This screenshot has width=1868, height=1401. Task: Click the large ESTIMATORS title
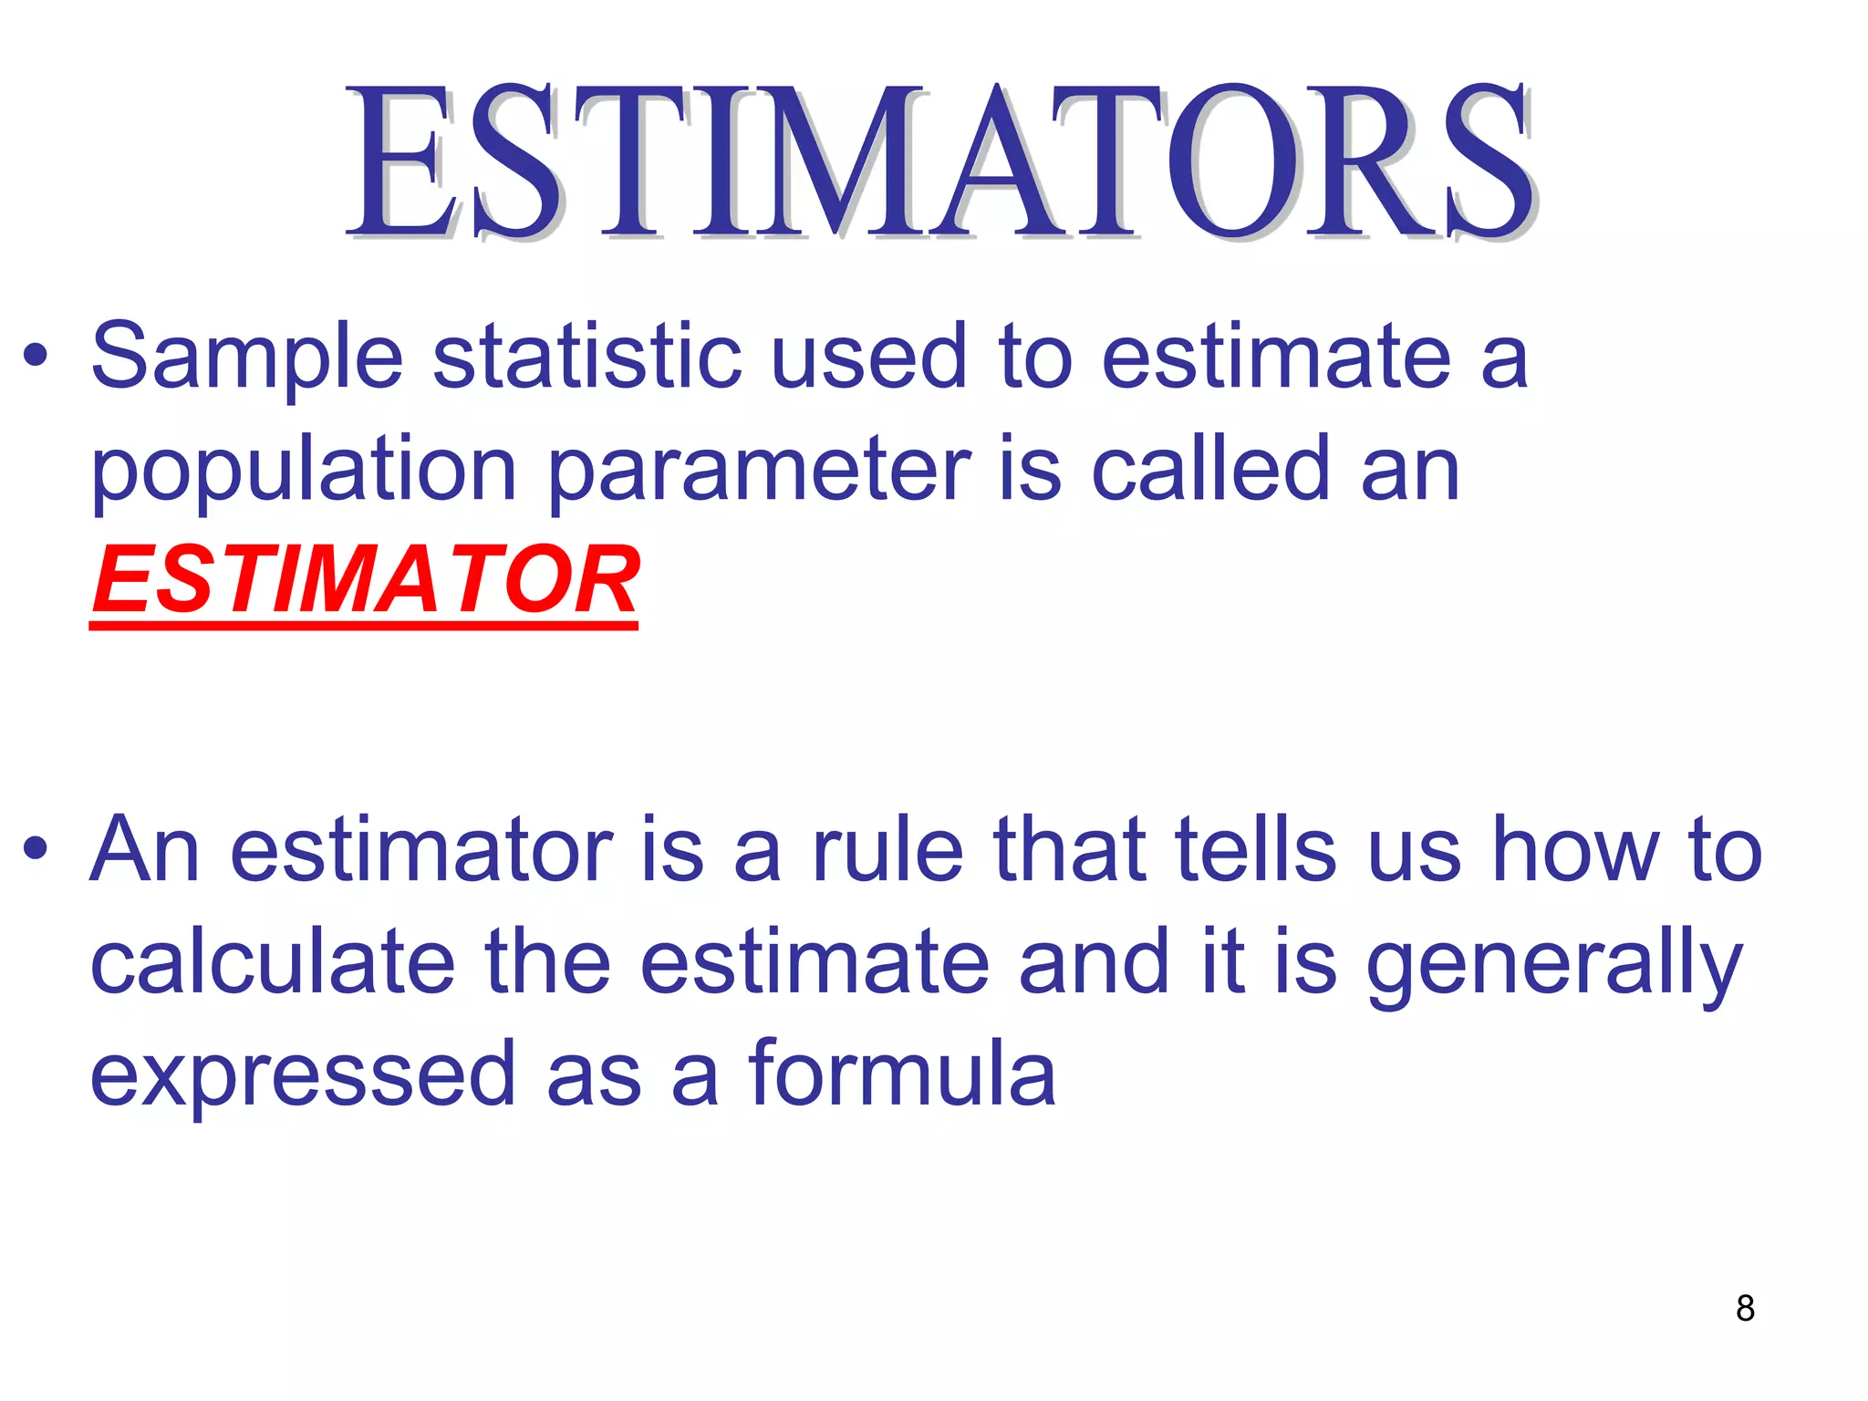(939, 161)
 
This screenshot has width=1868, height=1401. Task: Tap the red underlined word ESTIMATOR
(365, 580)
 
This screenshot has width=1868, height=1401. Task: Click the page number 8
(1745, 1308)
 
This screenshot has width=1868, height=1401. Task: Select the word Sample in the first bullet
(246, 358)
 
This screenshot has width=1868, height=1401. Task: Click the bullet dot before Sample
(36, 357)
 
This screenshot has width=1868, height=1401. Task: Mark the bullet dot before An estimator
(36, 850)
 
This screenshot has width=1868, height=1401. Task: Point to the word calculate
(273, 961)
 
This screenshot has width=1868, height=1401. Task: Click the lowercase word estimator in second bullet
(421, 850)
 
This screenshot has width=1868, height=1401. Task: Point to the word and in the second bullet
(1094, 961)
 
